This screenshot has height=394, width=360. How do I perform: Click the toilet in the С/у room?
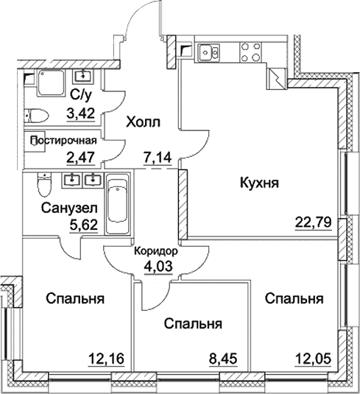coord(36,114)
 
